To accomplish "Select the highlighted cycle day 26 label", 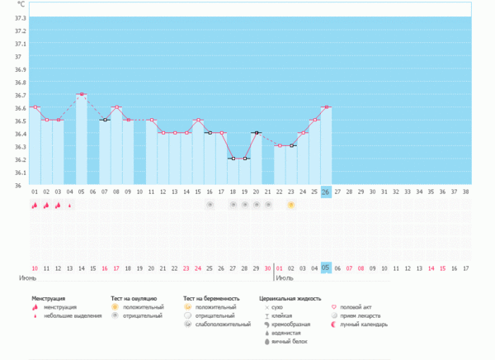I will click(326, 192).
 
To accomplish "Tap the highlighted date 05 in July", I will click(326, 268).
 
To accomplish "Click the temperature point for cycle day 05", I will click(81, 95).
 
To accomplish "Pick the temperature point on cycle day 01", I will click(35, 107).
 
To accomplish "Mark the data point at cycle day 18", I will click(233, 159).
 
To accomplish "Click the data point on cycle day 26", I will click(326, 107).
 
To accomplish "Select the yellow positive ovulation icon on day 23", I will click(290, 204).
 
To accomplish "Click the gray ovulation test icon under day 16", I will click(210, 204).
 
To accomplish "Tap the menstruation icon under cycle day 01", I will click(35, 205).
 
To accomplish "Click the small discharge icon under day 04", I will click(69, 205).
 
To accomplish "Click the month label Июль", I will click(285, 278).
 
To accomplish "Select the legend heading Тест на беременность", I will click(211, 297).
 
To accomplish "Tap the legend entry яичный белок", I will click(284, 343).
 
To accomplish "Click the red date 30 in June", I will click(267, 268).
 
